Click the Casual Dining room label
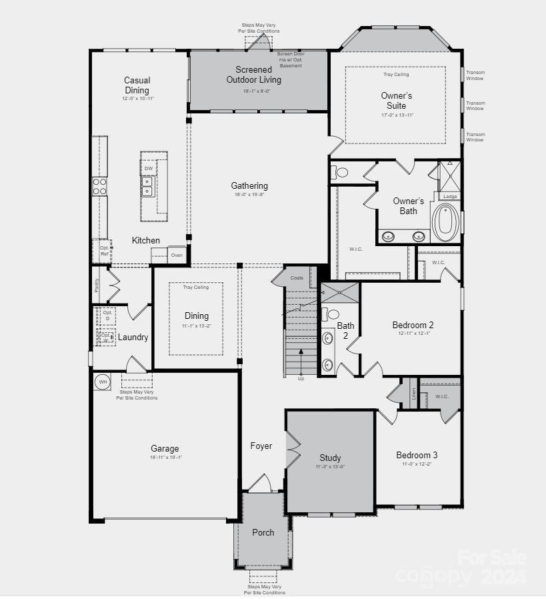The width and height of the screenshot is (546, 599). point(137,85)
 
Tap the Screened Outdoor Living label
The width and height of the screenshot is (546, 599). point(253,74)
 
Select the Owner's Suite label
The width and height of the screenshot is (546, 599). point(396,101)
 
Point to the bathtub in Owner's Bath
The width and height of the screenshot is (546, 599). point(444,222)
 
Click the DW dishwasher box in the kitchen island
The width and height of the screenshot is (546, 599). point(148,169)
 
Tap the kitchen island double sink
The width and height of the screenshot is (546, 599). point(147,186)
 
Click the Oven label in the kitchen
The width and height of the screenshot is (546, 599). point(177,255)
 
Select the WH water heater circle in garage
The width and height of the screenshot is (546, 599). point(103,382)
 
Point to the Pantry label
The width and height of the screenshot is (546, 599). point(97,285)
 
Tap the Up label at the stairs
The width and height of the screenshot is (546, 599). point(301,379)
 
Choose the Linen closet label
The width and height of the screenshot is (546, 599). point(413,393)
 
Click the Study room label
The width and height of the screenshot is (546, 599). point(330,458)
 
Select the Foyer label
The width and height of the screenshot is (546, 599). point(261,446)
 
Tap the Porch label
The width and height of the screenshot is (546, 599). point(263,532)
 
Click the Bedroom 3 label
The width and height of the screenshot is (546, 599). point(417,455)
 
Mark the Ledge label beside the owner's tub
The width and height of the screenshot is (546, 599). point(451,196)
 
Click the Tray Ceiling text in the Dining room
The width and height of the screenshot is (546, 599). point(196,287)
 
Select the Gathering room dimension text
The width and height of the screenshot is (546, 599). point(249,195)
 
